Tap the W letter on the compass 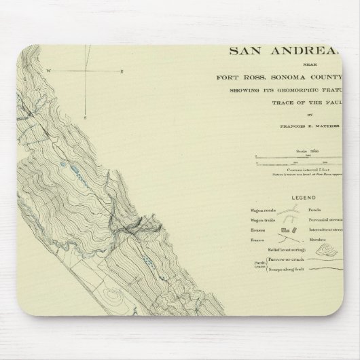coord(48,71)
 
